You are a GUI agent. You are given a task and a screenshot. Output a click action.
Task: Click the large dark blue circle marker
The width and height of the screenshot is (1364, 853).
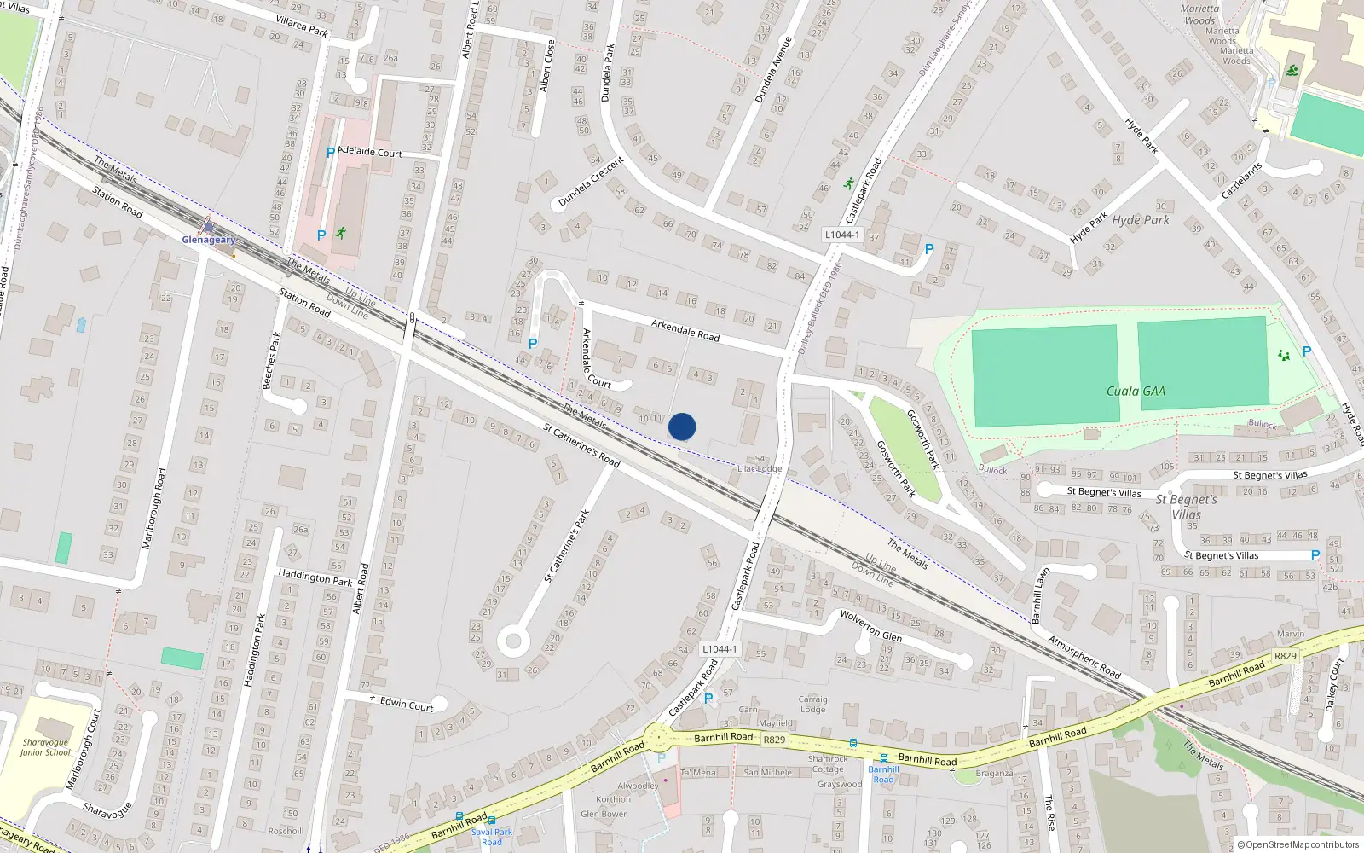(x=682, y=426)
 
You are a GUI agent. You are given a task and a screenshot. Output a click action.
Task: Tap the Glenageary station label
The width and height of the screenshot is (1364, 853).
(x=209, y=240)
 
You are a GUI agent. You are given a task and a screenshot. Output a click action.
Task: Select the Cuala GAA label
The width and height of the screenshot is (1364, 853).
(x=1136, y=391)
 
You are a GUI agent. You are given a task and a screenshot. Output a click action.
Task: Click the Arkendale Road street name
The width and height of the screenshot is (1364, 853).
(x=685, y=330)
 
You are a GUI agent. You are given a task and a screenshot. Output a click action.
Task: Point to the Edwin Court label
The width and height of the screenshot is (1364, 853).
(x=407, y=704)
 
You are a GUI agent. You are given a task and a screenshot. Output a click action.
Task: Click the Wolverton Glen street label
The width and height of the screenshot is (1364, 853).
(x=870, y=625)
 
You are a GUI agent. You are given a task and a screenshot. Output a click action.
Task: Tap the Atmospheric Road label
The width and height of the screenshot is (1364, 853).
(x=1084, y=657)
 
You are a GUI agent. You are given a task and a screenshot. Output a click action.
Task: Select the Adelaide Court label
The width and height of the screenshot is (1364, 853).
(x=370, y=152)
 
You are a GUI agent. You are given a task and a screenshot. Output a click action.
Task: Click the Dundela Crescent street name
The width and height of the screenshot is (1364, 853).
(x=591, y=182)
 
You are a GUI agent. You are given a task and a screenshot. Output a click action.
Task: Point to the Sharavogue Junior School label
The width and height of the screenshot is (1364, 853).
(x=45, y=747)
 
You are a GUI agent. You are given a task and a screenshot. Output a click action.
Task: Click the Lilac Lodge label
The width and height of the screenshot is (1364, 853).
(x=760, y=468)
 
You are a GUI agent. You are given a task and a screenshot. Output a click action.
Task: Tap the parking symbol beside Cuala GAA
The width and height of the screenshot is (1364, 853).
(x=1307, y=351)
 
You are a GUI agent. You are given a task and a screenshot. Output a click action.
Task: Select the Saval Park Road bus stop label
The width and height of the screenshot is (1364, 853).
(x=492, y=837)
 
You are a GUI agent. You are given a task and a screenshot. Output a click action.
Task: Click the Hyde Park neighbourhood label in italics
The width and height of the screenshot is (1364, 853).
(x=1141, y=220)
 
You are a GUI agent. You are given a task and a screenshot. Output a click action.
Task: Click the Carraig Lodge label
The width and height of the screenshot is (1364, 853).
(x=812, y=704)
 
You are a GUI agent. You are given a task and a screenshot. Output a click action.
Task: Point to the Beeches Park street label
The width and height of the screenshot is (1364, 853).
(x=273, y=360)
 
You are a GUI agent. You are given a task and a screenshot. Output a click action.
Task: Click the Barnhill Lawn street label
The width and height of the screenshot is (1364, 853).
(x=1037, y=595)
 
